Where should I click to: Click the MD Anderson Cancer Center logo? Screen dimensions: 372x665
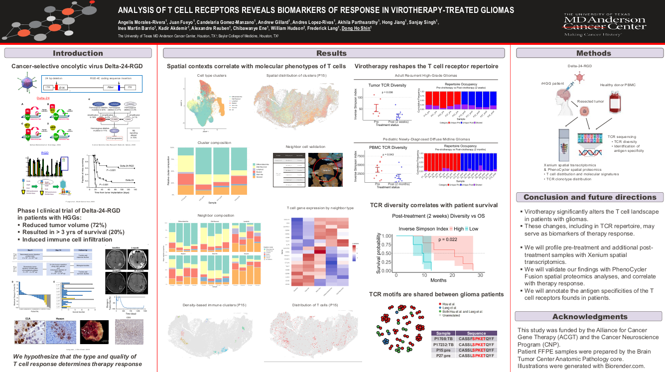pyautogui.click(x=604, y=24)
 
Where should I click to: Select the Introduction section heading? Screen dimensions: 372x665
pyautogui.click(x=78, y=53)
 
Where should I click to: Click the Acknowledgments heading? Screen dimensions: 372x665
pyautogui.click(x=589, y=317)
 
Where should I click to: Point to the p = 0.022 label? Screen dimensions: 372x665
pyautogui.click(x=448, y=240)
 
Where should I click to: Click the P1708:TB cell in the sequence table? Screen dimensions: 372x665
pyautogui.click(x=443, y=339)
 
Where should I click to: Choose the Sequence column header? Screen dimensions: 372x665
pyautogui.click(x=476, y=333)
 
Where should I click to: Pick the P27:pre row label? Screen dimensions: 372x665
pyautogui.click(x=443, y=356)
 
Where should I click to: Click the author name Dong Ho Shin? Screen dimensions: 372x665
pyautogui.click(x=356, y=29)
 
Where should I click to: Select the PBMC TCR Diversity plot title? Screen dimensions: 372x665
pyautogui.click(x=387, y=147)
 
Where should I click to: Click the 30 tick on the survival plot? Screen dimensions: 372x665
pyautogui.click(x=480, y=275)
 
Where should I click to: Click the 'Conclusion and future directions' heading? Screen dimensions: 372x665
pyautogui.click(x=589, y=197)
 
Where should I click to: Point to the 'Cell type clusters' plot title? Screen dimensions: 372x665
pyautogui.click(x=212, y=76)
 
